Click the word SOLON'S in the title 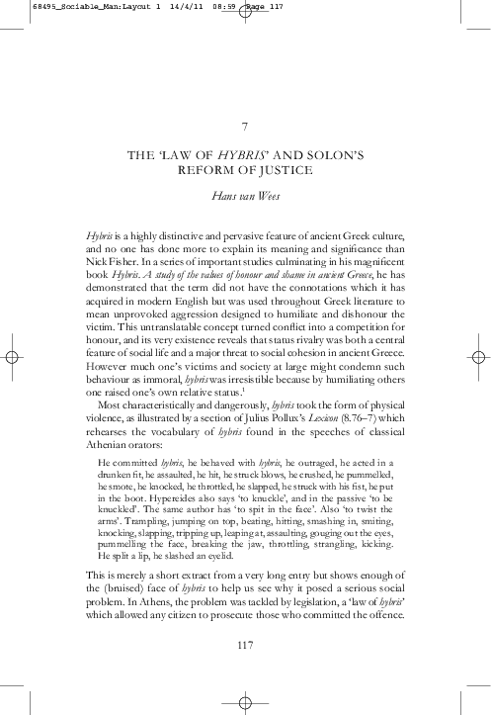(x=337, y=155)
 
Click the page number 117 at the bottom (x=245, y=646)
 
